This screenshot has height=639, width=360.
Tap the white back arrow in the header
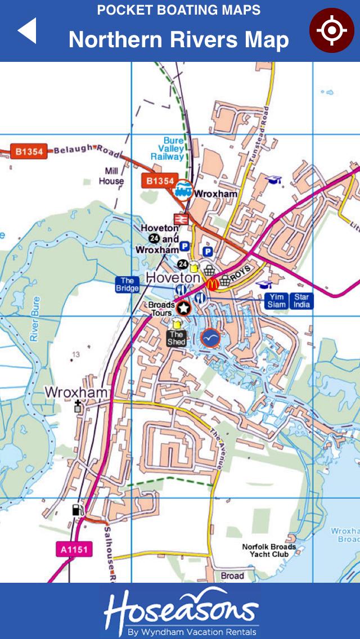[28, 31]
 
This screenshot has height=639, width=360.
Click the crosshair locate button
[331, 30]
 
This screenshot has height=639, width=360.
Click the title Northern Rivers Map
[179, 40]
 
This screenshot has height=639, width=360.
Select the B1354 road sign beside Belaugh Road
[29, 151]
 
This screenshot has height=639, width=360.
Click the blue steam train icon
[183, 191]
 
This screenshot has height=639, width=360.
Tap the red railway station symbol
[181, 219]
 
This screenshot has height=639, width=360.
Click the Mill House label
[111, 176]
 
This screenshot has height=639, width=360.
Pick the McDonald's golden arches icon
[212, 284]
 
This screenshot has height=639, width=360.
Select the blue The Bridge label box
[127, 285]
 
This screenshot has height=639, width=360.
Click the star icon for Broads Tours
[183, 308]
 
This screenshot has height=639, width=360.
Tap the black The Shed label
[176, 338]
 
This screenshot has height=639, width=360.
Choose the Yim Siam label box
[276, 301]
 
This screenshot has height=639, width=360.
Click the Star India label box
[301, 301]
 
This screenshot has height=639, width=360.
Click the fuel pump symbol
[76, 511]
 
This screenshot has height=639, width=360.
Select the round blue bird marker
[209, 337]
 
